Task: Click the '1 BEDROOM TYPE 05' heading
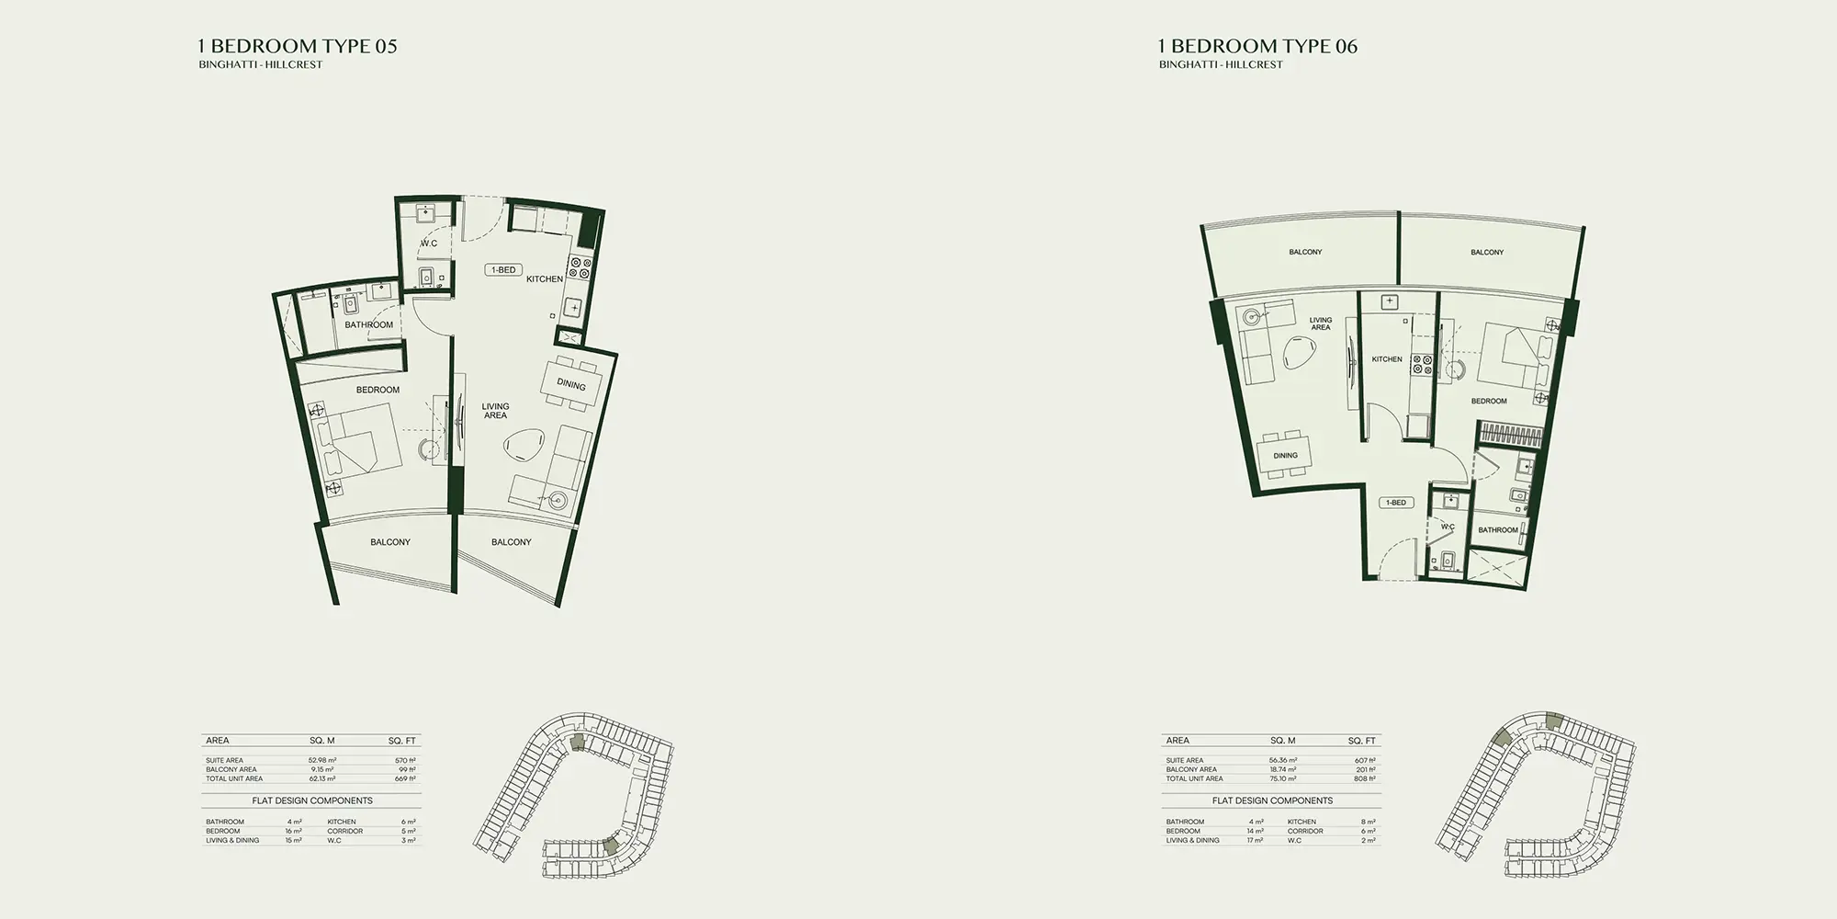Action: pyautogui.click(x=298, y=46)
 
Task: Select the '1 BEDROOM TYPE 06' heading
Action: pyautogui.click(x=1257, y=46)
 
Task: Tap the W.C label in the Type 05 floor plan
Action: pyautogui.click(x=429, y=244)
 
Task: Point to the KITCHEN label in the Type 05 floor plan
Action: pyautogui.click(x=545, y=279)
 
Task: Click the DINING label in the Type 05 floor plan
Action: pyautogui.click(x=571, y=385)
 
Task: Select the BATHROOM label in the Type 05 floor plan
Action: pyautogui.click(x=368, y=324)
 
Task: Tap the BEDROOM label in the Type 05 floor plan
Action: pyautogui.click(x=378, y=390)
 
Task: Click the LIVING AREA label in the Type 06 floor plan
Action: pyautogui.click(x=1320, y=324)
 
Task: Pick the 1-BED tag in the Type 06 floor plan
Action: pyautogui.click(x=1395, y=503)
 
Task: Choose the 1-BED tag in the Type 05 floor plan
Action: pyautogui.click(x=503, y=270)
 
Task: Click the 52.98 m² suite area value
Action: pyautogui.click(x=322, y=761)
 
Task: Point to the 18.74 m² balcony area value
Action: pyautogui.click(x=1283, y=770)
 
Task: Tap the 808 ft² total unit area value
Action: pyautogui.click(x=1365, y=778)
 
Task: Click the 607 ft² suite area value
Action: pyautogui.click(x=1365, y=761)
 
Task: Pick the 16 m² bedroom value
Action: pyautogui.click(x=293, y=831)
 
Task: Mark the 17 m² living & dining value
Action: pyautogui.click(x=1254, y=840)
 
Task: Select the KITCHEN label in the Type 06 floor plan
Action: pyautogui.click(x=1387, y=359)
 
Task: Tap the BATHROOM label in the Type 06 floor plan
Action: pyautogui.click(x=1498, y=530)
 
